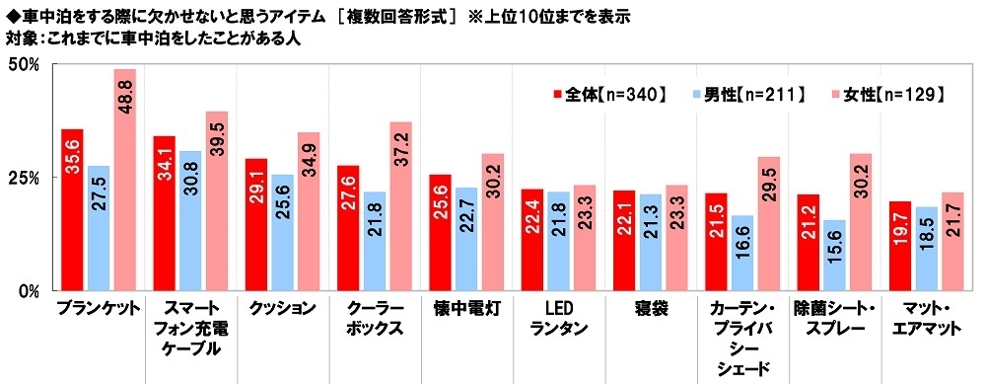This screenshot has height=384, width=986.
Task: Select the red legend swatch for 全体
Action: pos(557,95)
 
